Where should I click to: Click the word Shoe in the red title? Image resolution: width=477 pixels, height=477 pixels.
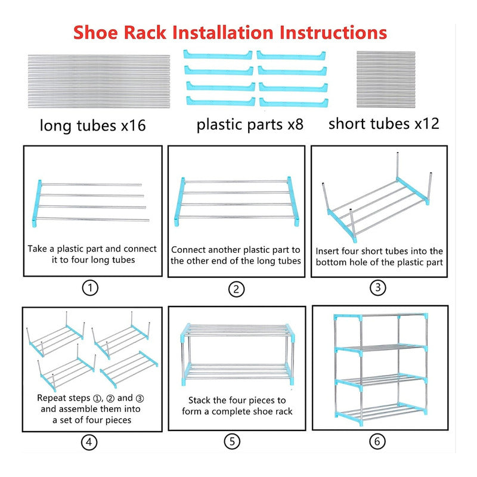[95, 33]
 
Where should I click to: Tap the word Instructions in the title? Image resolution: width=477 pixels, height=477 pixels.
[333, 33]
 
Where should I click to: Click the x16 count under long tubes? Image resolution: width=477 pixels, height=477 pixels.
[134, 125]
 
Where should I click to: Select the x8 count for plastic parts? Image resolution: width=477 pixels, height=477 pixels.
[296, 125]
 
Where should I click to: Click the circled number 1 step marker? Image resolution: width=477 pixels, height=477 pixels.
[91, 288]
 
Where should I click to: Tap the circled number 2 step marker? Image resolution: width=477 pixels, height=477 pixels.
[236, 289]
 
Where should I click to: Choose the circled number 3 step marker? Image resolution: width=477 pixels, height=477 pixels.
[378, 287]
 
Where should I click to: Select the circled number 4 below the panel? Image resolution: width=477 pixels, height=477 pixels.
[89, 442]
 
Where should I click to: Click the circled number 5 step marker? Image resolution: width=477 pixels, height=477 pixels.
[232, 441]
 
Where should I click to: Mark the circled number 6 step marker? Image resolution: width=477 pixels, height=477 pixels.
[377, 441]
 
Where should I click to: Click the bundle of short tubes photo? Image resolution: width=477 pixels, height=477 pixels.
[386, 79]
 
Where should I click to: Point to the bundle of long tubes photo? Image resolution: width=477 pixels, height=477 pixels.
[99, 81]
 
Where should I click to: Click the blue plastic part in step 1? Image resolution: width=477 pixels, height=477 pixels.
[37, 203]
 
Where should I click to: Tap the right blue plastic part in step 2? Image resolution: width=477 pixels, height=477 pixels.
[293, 201]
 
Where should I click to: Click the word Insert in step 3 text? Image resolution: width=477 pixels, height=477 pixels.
[327, 251]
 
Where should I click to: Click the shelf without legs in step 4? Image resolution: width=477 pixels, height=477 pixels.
[129, 369]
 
